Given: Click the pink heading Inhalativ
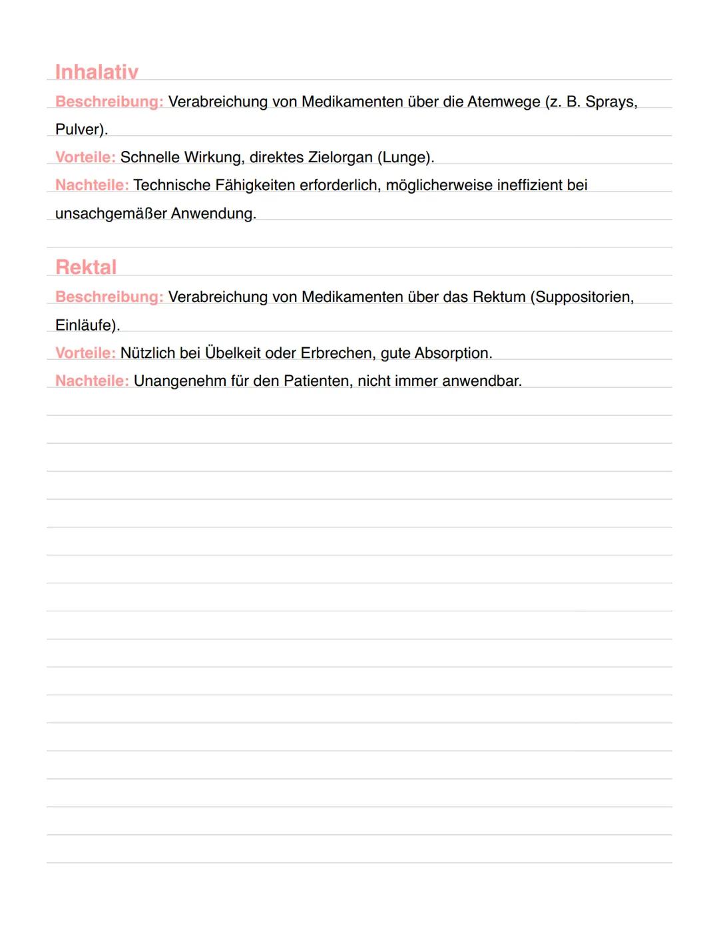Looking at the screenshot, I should point(97,72).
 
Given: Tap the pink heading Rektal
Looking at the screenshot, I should point(86,267).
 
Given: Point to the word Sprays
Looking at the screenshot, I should point(610,102).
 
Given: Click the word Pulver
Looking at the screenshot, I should point(80,129).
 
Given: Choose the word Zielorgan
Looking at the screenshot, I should point(340,158).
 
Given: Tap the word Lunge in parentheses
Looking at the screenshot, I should point(405,158).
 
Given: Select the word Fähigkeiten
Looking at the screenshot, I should point(254,185).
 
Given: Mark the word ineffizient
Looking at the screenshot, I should point(530,185).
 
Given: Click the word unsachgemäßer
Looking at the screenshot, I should point(111,214).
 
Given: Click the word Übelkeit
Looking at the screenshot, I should point(232,353).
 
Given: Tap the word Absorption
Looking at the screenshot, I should point(452,353).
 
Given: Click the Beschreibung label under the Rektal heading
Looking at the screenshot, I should point(109,297).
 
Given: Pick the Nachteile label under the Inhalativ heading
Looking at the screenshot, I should point(92,185).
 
